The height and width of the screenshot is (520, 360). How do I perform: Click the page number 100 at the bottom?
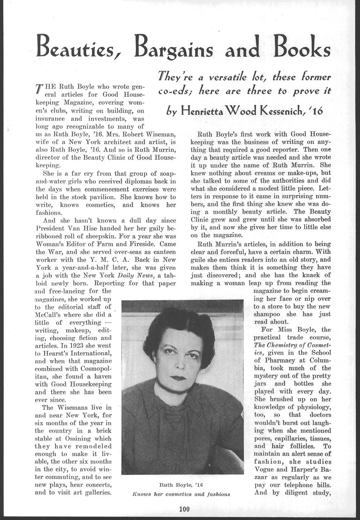coord(184,509)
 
